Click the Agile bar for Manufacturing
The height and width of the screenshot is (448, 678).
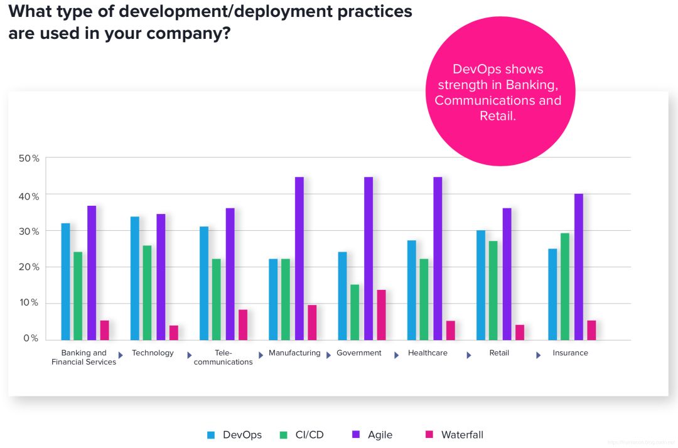[x=299, y=259]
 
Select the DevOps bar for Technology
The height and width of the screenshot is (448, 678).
[x=135, y=278]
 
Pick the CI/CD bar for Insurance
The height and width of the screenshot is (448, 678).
[x=565, y=287]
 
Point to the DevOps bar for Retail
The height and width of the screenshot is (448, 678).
[x=481, y=285]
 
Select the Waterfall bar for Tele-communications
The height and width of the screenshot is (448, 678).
[x=243, y=325]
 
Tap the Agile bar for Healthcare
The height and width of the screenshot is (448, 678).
[x=438, y=259]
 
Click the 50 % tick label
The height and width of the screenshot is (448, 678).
[x=29, y=159]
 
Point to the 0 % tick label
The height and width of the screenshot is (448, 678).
[x=31, y=339]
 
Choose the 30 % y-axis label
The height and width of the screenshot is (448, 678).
[x=29, y=232]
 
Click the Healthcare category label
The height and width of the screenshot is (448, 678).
[x=428, y=353]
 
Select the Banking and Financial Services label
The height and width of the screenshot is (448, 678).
[x=83, y=358]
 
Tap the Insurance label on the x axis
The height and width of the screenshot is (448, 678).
[x=570, y=353]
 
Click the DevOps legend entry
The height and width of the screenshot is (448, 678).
[x=242, y=435]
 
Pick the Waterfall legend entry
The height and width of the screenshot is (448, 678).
[x=462, y=435]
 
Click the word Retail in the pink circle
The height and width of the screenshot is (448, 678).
[x=497, y=116]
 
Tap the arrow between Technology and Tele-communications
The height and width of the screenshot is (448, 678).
[x=190, y=355]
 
